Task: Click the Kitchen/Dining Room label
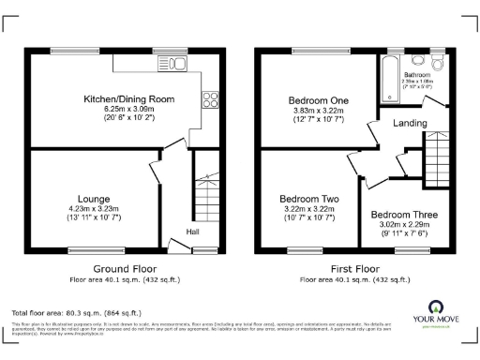click(116, 98)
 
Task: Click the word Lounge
click(94, 199)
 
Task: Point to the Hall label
click(191, 232)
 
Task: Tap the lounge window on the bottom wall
click(82, 248)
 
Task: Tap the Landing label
click(410, 123)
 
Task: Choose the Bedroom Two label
click(308, 199)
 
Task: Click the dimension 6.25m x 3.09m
click(116, 109)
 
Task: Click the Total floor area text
click(76, 311)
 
